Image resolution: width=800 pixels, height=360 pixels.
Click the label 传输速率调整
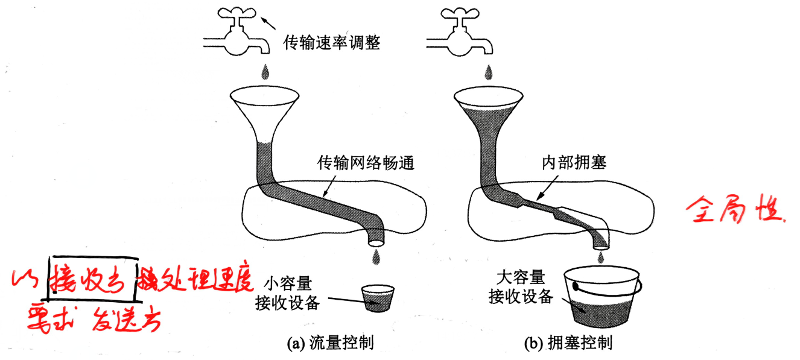click(x=331, y=43)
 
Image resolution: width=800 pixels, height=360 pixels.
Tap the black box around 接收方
click(x=92, y=282)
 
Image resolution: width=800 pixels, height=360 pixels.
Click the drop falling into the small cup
click(x=376, y=257)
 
